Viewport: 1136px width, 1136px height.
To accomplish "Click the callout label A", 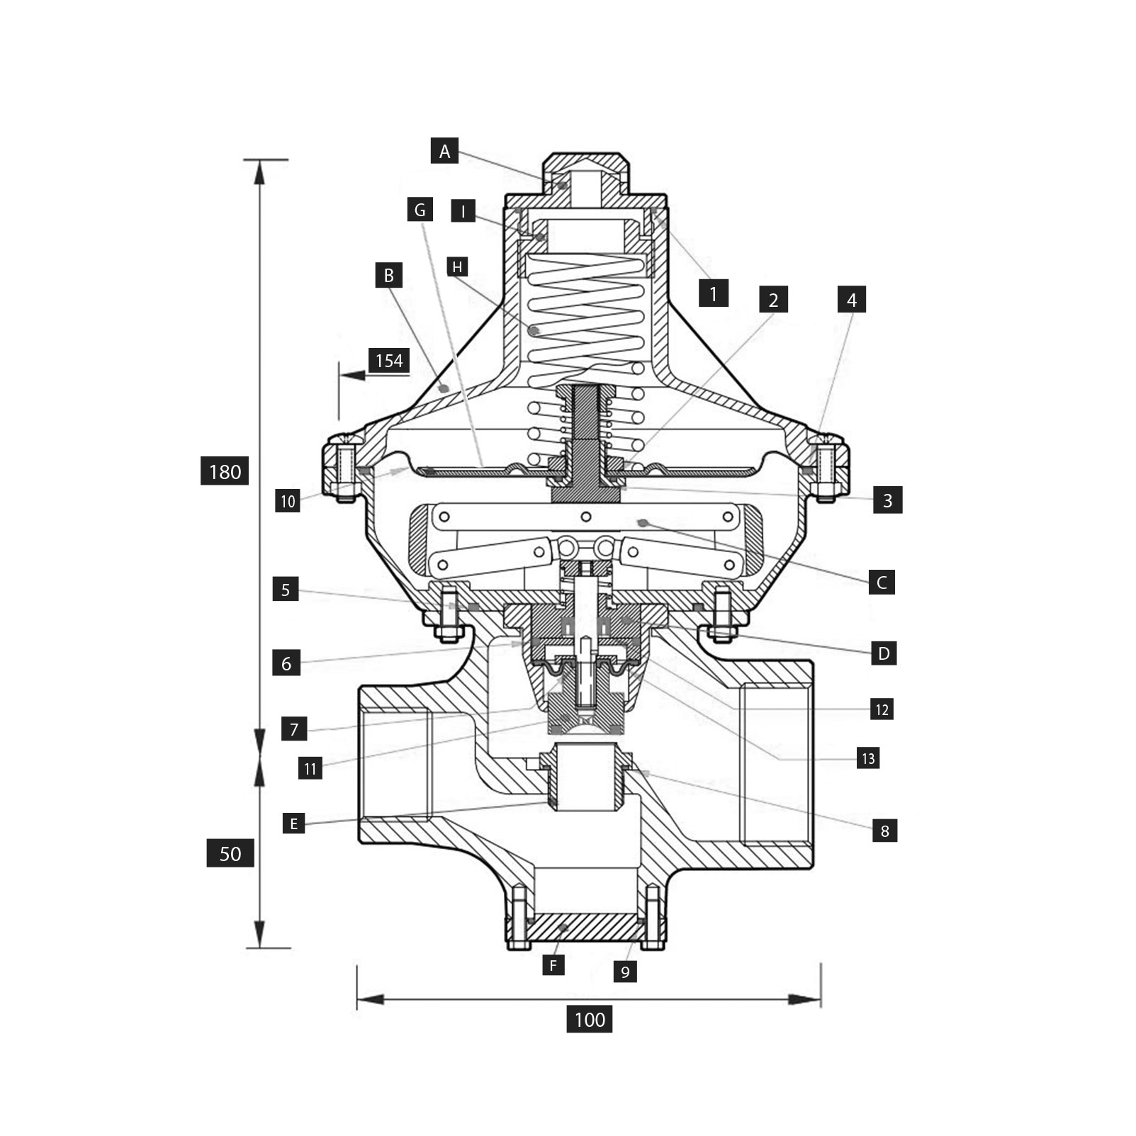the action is [444, 151].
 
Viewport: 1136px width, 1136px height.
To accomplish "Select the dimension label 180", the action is [225, 471].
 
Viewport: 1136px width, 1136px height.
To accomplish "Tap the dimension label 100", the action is [590, 1020].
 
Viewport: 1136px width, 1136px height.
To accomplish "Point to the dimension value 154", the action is [389, 361].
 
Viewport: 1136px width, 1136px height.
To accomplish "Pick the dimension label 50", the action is [230, 853].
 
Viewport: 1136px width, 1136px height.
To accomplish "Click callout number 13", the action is [868, 758].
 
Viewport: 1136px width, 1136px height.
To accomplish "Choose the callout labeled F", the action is [553, 965].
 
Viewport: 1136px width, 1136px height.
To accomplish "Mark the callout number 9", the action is [625, 972].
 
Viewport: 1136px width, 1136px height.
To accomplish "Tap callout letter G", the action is [420, 210].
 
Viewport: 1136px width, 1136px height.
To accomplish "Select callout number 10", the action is [288, 501].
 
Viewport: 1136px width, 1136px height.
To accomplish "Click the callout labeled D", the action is [884, 653].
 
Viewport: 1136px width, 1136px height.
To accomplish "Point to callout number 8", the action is [884, 831].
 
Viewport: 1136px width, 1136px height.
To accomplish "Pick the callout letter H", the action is [458, 267].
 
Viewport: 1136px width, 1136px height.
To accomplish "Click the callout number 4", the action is [852, 300].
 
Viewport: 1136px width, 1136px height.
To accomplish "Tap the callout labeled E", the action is [293, 823].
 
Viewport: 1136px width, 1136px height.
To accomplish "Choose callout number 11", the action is [310, 768].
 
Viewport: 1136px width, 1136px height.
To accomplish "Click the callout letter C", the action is [882, 583].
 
